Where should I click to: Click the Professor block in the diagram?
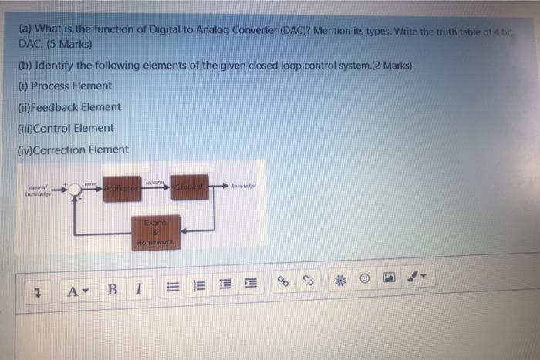tap(122, 188)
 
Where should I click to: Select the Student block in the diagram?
tap(189, 187)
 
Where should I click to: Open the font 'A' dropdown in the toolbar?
tap(77, 291)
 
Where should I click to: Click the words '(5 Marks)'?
tap(64, 43)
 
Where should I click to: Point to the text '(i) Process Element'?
tap(65, 86)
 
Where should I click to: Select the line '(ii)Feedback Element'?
tap(68, 107)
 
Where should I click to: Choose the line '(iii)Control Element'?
tap(65, 128)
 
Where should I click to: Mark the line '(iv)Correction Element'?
tap(72, 150)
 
